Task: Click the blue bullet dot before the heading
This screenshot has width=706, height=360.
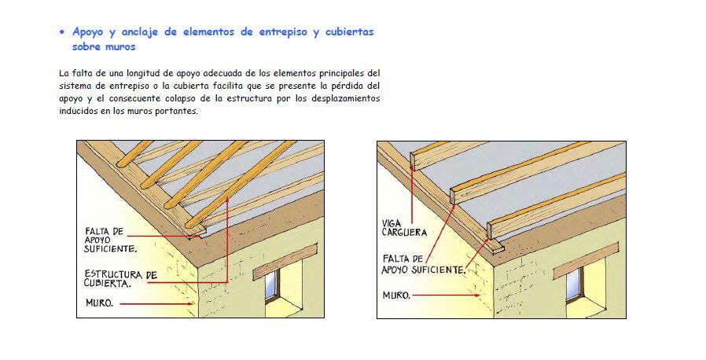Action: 63,33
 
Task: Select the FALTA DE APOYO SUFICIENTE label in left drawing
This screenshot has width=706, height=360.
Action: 110,240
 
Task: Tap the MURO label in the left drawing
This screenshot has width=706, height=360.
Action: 100,303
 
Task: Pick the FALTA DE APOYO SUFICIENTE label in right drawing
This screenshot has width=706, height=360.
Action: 423,263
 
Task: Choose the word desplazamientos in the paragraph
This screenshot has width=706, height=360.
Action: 343,99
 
